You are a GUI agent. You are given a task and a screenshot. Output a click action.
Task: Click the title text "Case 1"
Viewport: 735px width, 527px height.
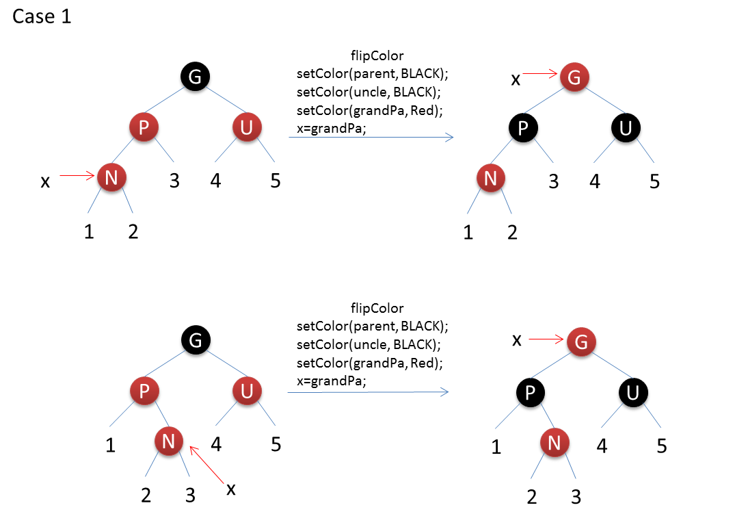[x=42, y=17]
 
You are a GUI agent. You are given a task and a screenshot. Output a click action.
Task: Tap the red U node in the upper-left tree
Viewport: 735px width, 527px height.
[x=246, y=127]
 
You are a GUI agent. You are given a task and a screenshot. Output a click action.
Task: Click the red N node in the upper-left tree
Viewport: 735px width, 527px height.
[x=112, y=178]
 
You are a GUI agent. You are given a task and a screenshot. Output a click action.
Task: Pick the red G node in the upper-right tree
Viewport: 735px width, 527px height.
[x=574, y=77]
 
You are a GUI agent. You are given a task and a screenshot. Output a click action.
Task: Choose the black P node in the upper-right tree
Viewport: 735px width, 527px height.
[x=523, y=128]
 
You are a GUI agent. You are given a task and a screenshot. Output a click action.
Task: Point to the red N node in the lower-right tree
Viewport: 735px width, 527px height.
[x=554, y=443]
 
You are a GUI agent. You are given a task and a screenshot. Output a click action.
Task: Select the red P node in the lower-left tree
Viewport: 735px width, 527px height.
[x=144, y=391]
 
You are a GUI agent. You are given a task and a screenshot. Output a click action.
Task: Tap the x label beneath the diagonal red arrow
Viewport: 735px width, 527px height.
[x=231, y=489]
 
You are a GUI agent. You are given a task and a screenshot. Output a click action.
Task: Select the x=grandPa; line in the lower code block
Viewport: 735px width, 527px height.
[x=332, y=381]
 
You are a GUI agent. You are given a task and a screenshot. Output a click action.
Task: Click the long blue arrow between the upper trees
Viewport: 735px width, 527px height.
[x=371, y=138]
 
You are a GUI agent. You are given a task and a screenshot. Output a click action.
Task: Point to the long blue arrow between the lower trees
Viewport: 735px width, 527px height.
[x=368, y=392]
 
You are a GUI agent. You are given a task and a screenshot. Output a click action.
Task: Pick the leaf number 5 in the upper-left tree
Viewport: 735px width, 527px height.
[x=275, y=181]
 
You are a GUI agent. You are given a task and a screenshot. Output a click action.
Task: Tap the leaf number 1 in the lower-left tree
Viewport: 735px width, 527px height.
[x=110, y=446]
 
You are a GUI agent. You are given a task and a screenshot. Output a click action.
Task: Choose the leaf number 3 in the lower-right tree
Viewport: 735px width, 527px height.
[x=576, y=497]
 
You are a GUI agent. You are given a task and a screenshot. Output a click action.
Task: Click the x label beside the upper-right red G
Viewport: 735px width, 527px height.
[x=516, y=79]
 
